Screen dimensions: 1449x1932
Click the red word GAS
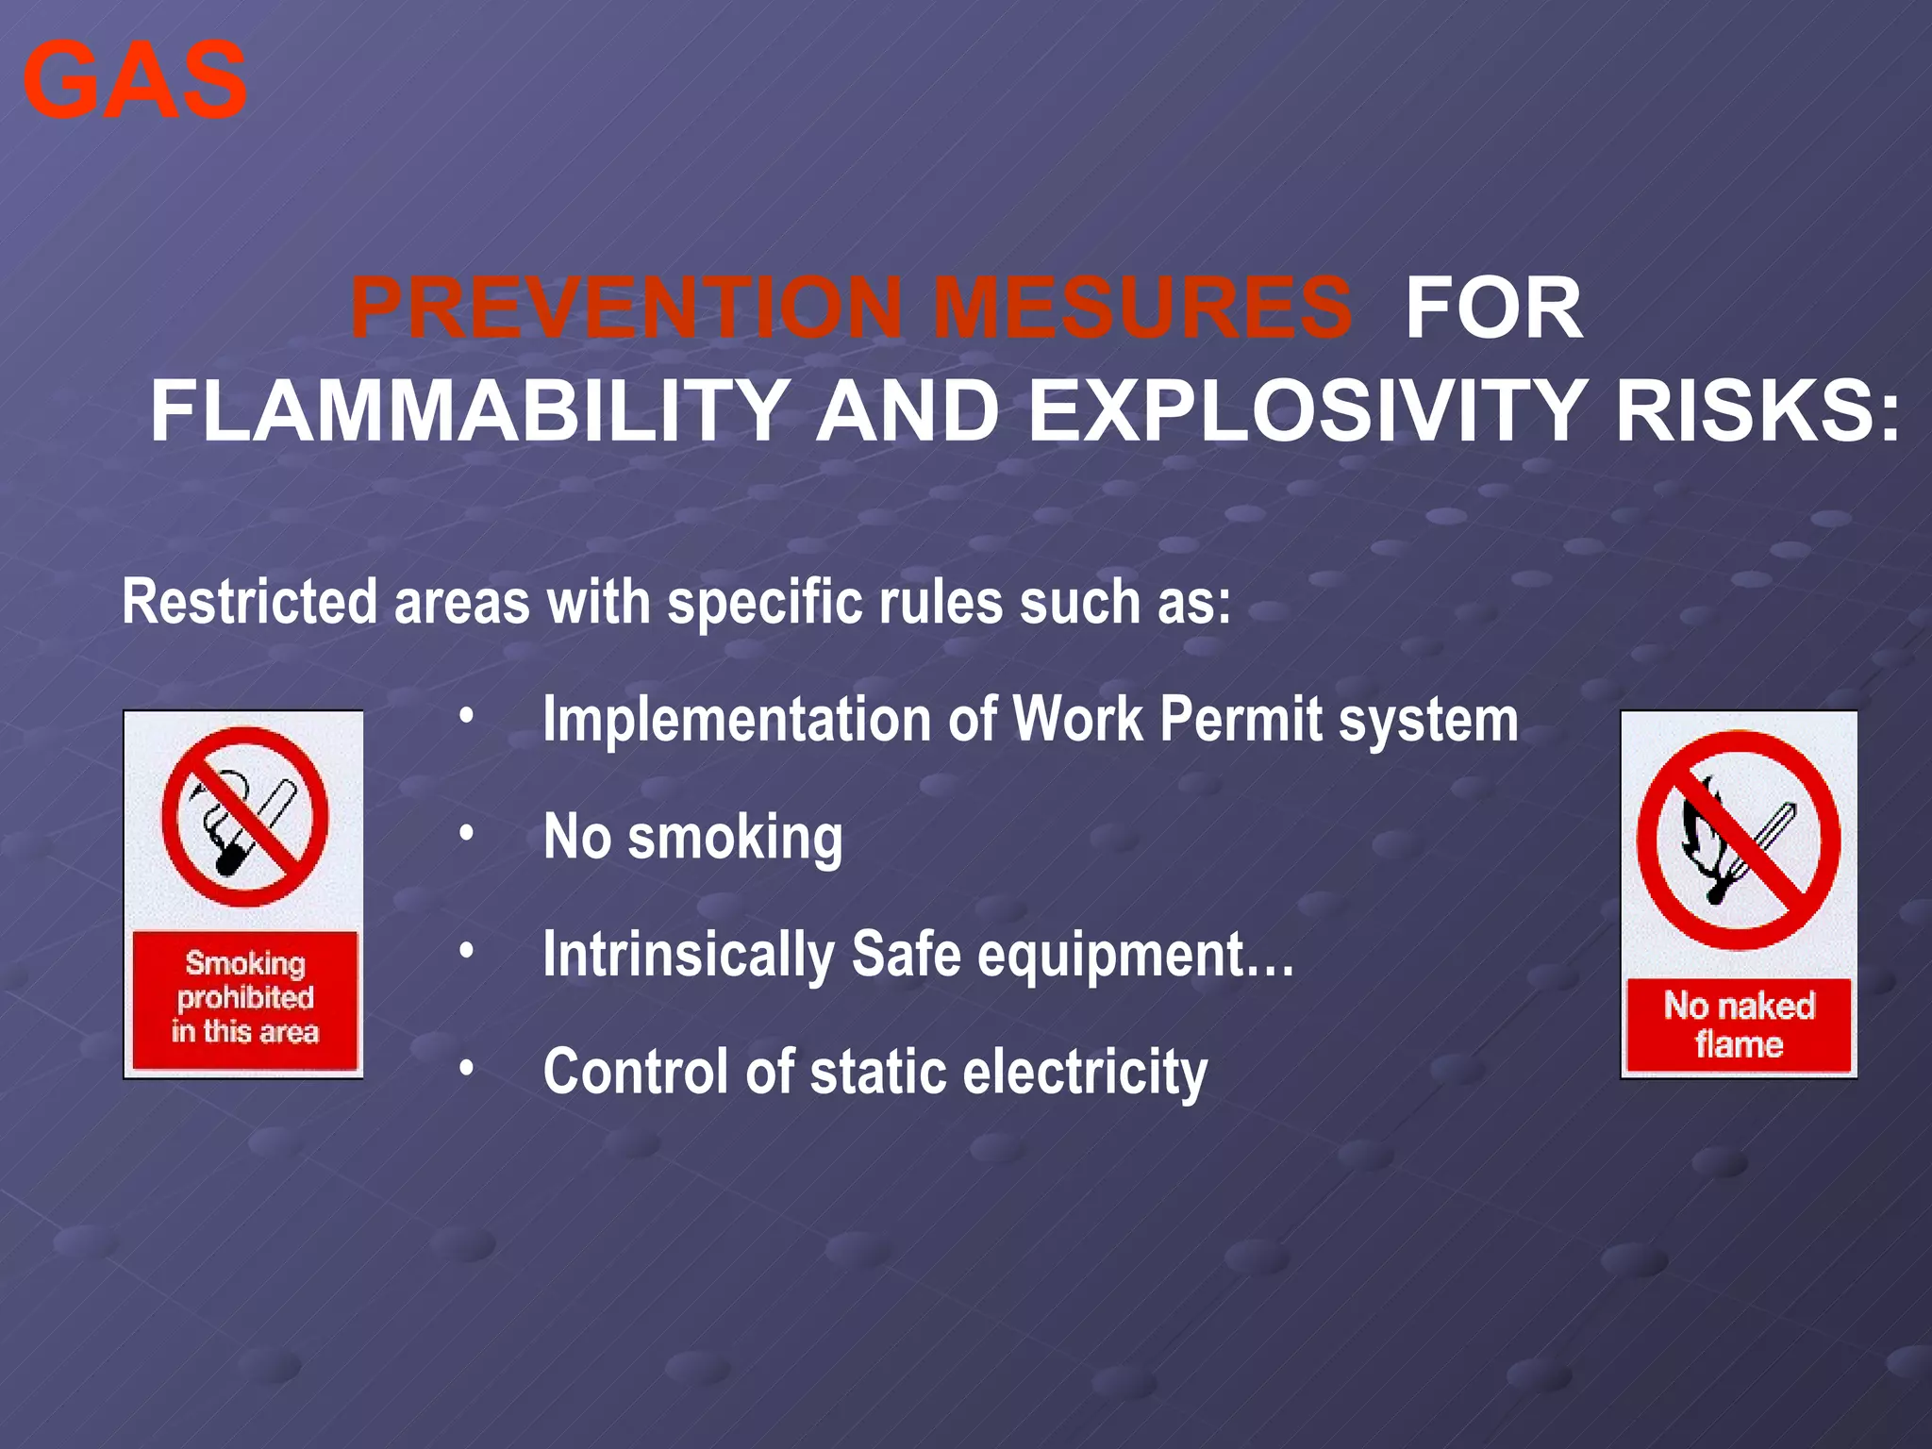pos(135,81)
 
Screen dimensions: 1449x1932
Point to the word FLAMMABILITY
pos(470,410)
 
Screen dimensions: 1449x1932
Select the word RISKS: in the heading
pos(1757,410)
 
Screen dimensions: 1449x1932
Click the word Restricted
pos(249,602)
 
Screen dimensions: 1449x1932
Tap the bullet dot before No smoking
pos(466,834)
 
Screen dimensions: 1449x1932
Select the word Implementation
pos(737,720)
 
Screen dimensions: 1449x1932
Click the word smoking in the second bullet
pos(735,839)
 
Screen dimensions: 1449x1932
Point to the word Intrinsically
pos(688,955)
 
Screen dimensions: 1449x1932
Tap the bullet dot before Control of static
pos(466,1069)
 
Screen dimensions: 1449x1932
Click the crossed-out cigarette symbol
pos(244,816)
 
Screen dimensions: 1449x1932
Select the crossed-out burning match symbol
pos(1738,840)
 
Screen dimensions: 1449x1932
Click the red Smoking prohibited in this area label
pos(244,998)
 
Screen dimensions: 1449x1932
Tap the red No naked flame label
pos(1738,1025)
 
